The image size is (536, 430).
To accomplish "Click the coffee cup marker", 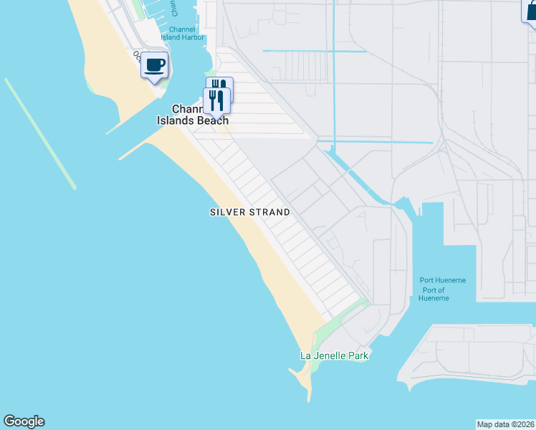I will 154,66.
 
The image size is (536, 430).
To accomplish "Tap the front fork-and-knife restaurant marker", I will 216,101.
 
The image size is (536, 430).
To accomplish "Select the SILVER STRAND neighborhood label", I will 250,212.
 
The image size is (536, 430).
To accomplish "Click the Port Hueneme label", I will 443,280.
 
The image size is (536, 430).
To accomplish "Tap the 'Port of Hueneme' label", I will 435,294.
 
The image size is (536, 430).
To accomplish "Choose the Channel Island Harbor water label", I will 181,37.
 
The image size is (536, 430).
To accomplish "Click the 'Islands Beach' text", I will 193,120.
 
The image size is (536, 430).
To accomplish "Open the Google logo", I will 24,421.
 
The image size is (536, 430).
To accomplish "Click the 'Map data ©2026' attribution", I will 506,424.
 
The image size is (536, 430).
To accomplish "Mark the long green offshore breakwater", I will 40,134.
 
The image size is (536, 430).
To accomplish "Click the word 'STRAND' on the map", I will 268,212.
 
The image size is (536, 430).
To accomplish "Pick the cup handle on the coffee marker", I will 163,64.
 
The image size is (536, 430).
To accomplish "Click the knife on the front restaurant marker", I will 221,100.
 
